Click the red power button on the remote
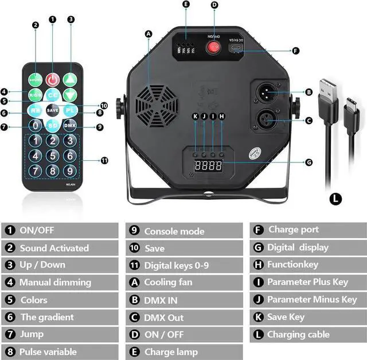tap(53, 79)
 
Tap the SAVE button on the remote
tap(53, 110)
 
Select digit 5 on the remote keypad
tap(53, 156)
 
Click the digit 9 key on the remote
tap(69, 171)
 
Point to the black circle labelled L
tap(335, 199)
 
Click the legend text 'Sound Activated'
tap(54, 248)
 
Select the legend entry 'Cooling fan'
tap(168, 282)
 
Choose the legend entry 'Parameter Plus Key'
tap(307, 282)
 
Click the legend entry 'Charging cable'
tap(298, 334)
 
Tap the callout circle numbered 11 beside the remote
tap(104, 160)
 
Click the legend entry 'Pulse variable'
tap(48, 351)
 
